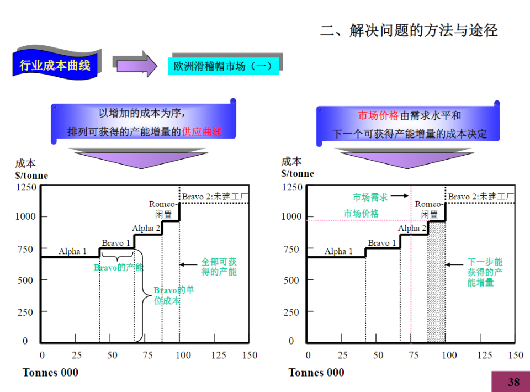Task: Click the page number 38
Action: pos(513,382)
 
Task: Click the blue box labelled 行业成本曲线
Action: pos(55,65)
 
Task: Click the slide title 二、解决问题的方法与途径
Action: pos(409,30)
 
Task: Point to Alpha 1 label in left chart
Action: pos(72,251)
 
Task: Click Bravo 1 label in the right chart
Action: pos(382,243)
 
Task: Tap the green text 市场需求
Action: pos(370,197)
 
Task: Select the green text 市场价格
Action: pos(362,213)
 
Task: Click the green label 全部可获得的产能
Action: pos(219,267)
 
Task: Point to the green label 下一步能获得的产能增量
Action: pos(485,272)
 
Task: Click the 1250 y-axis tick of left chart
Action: pos(26,187)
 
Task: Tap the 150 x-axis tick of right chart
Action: pos(516,355)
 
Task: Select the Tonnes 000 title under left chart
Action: pos(50,373)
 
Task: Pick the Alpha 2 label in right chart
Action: pos(412,228)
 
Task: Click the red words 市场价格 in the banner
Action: pos(378,116)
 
